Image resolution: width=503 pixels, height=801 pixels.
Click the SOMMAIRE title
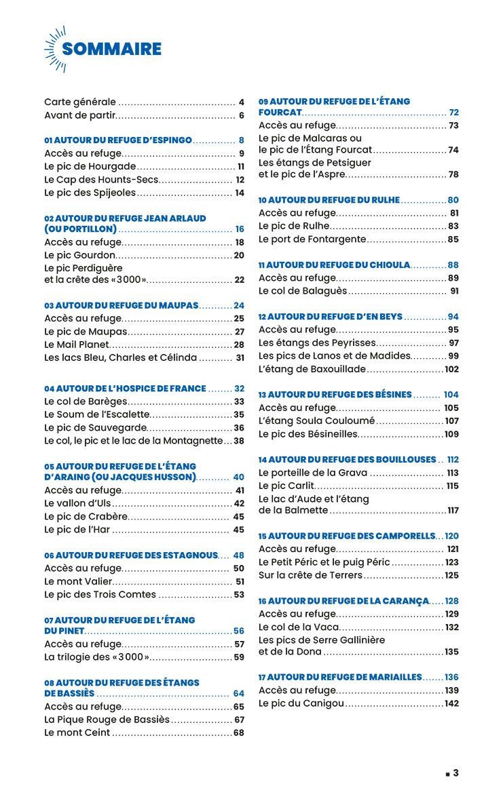(x=111, y=49)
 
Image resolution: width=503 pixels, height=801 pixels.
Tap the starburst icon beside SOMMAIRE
(x=54, y=48)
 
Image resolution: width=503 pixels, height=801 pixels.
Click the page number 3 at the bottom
(x=456, y=773)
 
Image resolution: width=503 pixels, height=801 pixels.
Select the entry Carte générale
(x=80, y=102)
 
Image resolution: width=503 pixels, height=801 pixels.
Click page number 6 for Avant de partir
(x=241, y=115)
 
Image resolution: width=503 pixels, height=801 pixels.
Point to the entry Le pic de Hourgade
(x=90, y=166)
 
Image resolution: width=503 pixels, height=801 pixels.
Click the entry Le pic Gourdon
(x=79, y=255)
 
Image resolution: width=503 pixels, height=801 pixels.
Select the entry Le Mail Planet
(x=76, y=345)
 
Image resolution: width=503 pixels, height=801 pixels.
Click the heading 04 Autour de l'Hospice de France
(x=125, y=389)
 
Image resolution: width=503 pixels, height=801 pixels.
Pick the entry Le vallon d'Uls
(x=78, y=503)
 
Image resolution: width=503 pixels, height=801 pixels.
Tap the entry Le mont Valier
(x=78, y=581)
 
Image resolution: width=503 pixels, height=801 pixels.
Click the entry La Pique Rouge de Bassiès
(x=107, y=719)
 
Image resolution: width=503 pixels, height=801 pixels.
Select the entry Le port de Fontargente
(x=312, y=239)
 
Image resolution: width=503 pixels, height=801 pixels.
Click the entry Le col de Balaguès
(x=303, y=291)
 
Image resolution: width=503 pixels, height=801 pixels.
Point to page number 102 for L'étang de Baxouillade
(x=452, y=370)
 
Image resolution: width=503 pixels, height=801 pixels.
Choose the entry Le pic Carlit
(x=286, y=486)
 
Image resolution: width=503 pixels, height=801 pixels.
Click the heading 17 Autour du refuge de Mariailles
(x=340, y=677)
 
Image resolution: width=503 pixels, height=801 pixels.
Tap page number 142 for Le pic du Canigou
(x=452, y=703)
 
